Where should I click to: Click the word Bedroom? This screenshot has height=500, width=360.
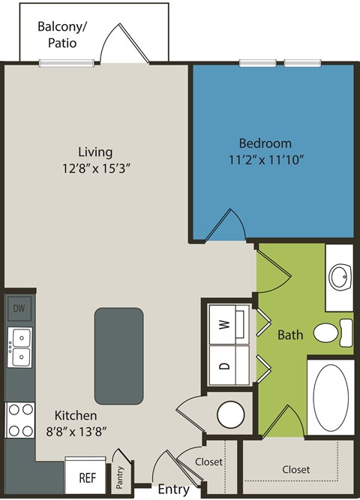click(265, 143)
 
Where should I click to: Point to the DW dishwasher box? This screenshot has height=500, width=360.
click(19, 308)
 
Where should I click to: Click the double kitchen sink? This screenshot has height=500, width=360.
click(20, 347)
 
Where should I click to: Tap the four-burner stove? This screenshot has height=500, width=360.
click(20, 419)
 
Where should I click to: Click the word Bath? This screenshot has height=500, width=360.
click(290, 334)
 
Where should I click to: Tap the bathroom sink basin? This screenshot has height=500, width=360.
click(340, 277)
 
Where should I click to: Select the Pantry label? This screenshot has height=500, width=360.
click(120, 477)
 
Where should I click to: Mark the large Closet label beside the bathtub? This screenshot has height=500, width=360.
click(295, 469)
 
